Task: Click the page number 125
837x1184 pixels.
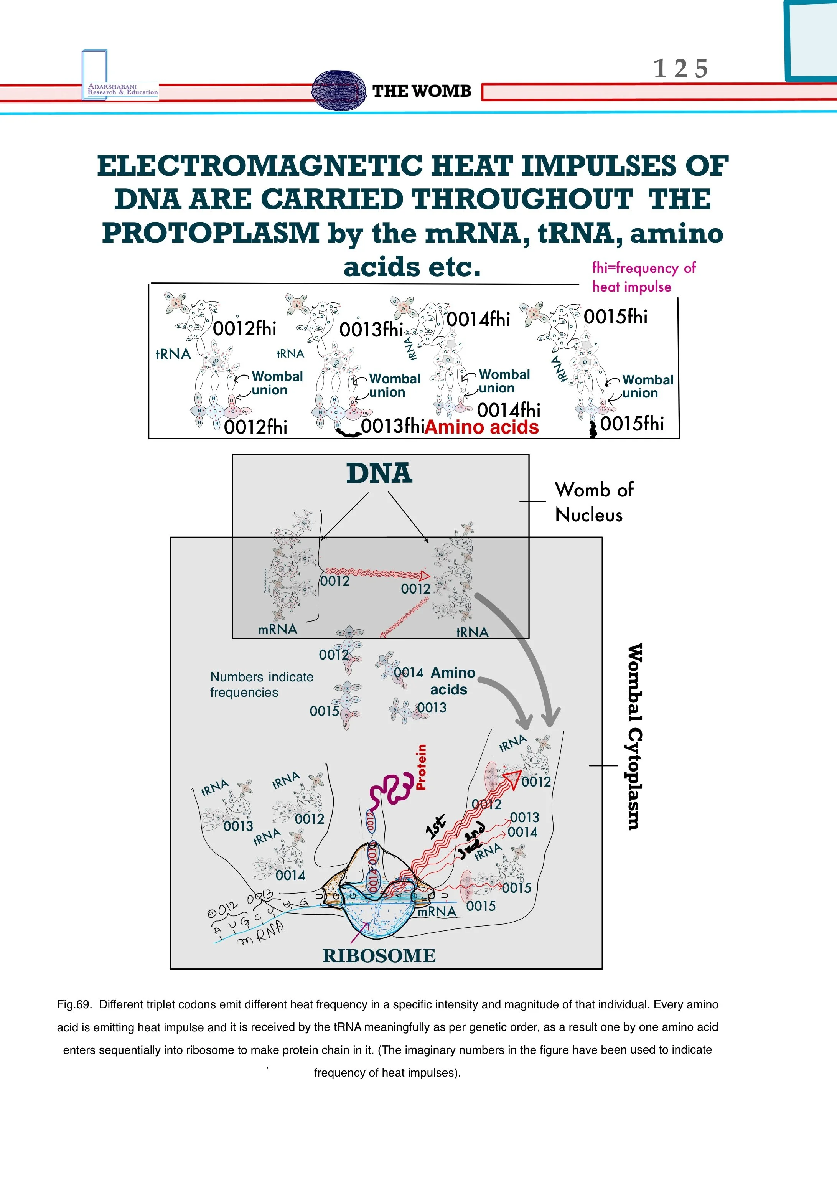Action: [681, 69]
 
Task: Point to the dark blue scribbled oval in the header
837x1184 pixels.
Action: [336, 90]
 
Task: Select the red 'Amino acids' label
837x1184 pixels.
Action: [482, 427]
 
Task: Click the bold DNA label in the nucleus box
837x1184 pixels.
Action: [379, 473]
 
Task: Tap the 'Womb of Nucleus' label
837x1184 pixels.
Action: [593, 502]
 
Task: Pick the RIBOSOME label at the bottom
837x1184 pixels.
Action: [379, 956]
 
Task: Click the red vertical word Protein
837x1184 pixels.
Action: [421, 767]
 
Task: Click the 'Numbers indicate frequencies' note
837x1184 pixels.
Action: [262, 684]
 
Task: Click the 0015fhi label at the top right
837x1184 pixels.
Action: [615, 317]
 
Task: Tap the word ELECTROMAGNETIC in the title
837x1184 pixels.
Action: [260, 166]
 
